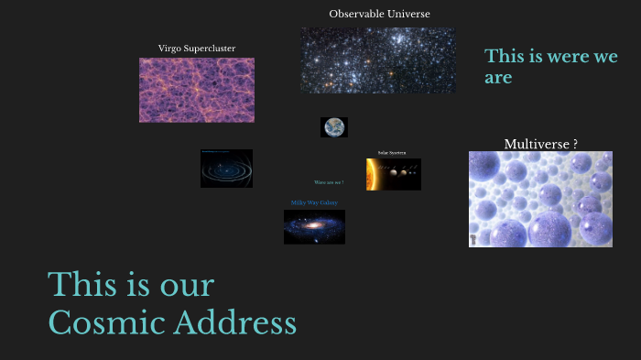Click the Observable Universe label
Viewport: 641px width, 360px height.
(379, 14)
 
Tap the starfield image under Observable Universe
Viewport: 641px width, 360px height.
(377, 60)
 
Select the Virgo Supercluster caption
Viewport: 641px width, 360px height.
(197, 48)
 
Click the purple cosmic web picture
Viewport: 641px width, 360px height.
(197, 90)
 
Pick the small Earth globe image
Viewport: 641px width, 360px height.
(334, 127)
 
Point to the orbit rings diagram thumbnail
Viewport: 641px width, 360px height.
(226, 169)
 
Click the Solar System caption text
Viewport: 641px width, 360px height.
(392, 153)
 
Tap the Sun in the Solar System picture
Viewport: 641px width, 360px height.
(371, 174)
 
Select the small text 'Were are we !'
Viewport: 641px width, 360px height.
(329, 182)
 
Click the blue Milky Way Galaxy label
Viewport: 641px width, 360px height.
(314, 202)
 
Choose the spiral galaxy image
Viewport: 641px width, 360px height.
(314, 226)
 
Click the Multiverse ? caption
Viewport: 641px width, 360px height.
(540, 144)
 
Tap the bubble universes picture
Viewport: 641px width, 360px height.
(540, 199)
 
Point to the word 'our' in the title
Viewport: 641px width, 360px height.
(184, 286)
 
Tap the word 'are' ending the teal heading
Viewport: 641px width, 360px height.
(498, 78)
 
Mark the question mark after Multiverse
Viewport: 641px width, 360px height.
(574, 144)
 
